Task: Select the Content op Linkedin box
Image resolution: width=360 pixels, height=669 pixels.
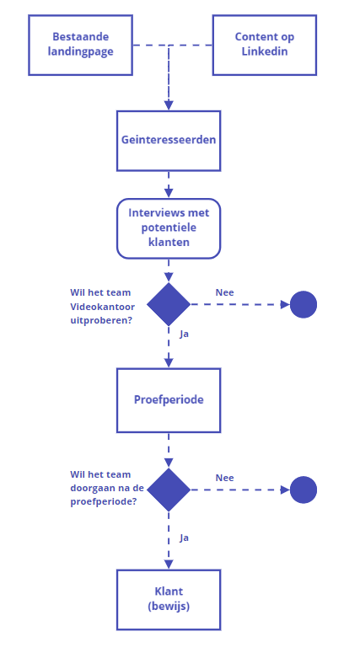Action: click(x=264, y=45)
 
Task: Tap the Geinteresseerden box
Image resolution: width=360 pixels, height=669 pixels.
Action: click(x=169, y=140)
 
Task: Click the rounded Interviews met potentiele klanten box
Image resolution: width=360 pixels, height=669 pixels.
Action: click(x=169, y=227)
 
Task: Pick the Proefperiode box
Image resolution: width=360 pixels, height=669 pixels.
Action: click(x=169, y=399)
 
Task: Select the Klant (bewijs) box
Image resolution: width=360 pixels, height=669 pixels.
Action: click(x=169, y=599)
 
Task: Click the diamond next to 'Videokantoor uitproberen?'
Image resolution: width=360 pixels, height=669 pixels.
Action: click(x=169, y=304)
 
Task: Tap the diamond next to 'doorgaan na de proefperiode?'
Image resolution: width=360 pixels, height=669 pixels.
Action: click(x=169, y=490)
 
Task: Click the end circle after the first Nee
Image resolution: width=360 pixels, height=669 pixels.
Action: click(x=304, y=304)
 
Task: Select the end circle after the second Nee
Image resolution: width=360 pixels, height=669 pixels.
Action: click(x=304, y=490)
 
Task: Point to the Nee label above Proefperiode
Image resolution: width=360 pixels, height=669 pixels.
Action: click(x=224, y=292)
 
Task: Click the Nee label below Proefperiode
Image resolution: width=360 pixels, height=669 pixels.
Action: click(x=224, y=478)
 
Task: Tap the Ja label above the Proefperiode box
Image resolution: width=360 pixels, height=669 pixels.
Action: click(x=185, y=334)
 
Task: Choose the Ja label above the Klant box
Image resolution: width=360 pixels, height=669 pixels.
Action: click(x=185, y=537)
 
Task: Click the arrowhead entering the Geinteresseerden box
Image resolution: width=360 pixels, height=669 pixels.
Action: click(x=169, y=105)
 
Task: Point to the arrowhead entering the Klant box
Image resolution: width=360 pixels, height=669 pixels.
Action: click(x=169, y=564)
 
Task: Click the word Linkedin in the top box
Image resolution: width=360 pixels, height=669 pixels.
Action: click(x=264, y=52)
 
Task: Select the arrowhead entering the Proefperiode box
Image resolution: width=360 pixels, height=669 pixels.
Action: click(x=169, y=362)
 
